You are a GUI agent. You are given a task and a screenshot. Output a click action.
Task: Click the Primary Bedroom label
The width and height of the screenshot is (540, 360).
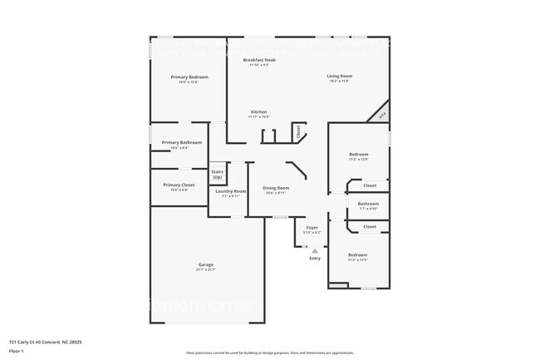tap(189, 76)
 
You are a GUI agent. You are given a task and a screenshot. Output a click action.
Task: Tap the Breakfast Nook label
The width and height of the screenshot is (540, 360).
tap(259, 61)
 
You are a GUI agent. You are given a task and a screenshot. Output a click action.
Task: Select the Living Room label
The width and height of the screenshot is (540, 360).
tap(338, 76)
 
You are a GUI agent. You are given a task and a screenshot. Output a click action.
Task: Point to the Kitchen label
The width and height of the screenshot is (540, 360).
tap(259, 111)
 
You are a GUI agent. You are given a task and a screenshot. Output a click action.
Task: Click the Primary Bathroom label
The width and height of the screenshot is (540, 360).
tap(181, 142)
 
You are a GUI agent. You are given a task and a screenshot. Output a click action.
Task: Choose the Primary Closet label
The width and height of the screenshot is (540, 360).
tap(179, 185)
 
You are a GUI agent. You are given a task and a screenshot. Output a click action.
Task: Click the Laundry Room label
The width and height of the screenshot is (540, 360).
tap(230, 191)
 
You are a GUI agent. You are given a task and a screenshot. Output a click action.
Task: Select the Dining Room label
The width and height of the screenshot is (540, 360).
tap(276, 188)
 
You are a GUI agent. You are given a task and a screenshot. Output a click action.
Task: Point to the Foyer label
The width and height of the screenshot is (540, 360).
tap(312, 227)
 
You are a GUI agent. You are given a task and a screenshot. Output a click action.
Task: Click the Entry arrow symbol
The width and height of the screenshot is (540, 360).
tap(314, 249)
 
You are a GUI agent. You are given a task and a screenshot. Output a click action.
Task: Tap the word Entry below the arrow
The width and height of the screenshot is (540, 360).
tap(315, 259)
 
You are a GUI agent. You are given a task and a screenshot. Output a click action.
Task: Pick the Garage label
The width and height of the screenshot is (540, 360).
tap(206, 264)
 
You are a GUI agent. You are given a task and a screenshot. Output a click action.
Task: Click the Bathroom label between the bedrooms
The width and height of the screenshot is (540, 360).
tap(368, 204)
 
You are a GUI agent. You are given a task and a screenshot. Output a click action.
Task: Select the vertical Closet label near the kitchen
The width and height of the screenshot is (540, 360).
tap(297, 131)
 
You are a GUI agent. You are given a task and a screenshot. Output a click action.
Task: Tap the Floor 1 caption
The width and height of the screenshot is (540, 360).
tap(17, 352)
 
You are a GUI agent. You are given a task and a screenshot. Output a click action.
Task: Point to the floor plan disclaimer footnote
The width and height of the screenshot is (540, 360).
tap(269, 353)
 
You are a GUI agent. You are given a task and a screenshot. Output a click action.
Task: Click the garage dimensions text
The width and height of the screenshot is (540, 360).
tap(206, 270)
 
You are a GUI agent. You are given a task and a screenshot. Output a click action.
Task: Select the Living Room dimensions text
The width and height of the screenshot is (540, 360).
tap(338, 81)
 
